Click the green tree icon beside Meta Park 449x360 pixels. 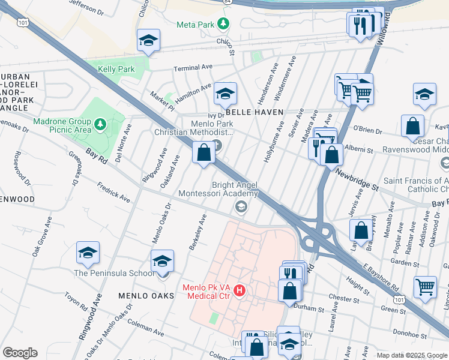coord(224,24)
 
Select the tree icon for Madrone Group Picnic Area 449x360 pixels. coord(101,124)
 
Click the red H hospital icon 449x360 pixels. coord(240,291)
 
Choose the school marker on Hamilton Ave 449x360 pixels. coord(225,94)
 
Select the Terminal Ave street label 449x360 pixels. coord(193,68)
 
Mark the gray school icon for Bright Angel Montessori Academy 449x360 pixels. coord(241,207)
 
